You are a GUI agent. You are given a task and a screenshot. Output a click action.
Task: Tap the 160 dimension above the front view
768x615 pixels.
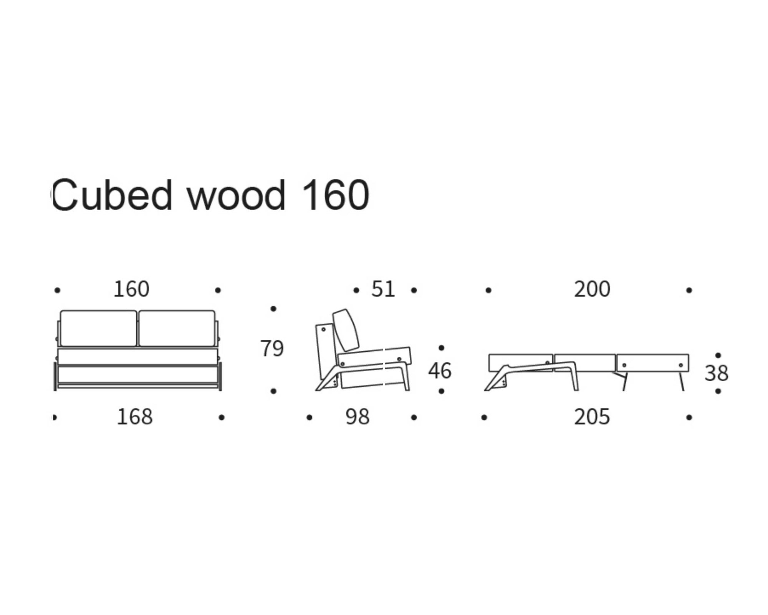(131, 289)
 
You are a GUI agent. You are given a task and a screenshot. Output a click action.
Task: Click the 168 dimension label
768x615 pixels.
(134, 417)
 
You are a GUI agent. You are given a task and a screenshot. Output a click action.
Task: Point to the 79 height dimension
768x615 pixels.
(272, 348)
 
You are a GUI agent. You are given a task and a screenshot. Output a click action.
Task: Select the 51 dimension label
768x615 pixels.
(383, 289)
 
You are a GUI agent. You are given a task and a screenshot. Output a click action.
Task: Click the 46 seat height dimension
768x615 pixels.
(440, 371)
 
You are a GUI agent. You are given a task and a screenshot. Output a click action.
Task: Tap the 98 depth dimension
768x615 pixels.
(357, 417)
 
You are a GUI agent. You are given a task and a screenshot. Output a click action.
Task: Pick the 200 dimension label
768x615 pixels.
(592, 289)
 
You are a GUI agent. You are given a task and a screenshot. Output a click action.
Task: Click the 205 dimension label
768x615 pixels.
(592, 417)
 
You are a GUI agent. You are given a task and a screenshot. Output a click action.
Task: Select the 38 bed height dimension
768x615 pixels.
(716, 373)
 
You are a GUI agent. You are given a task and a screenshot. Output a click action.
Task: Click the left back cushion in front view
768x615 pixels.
(98, 328)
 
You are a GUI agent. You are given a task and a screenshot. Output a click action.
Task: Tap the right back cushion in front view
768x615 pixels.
(177, 328)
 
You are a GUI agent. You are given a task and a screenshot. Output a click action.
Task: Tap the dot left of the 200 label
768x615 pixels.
(488, 290)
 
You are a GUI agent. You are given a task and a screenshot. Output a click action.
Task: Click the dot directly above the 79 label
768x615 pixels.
(273, 309)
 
